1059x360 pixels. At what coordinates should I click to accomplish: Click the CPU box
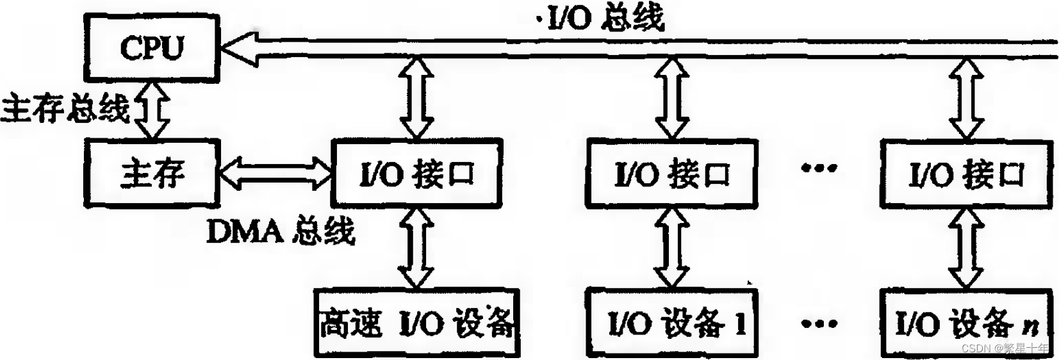click(152, 47)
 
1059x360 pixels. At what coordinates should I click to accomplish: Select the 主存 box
click(152, 174)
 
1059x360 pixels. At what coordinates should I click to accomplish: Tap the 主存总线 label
click(65, 108)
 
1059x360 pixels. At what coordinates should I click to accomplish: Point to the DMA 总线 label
click(280, 231)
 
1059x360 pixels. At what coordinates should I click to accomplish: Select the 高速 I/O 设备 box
click(416, 323)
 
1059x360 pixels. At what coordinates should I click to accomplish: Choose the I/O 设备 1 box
click(671, 323)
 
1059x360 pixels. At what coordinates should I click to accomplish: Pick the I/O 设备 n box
click(966, 323)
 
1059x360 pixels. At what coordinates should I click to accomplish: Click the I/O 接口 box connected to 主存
click(416, 174)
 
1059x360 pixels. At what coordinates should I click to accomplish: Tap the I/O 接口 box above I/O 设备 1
click(671, 174)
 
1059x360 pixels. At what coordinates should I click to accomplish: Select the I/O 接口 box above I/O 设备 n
click(966, 174)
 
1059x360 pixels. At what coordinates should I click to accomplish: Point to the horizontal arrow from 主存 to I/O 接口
click(275, 172)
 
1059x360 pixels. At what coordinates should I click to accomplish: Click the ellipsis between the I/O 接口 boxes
click(819, 168)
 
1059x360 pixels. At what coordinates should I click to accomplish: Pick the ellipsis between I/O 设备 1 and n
click(819, 323)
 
